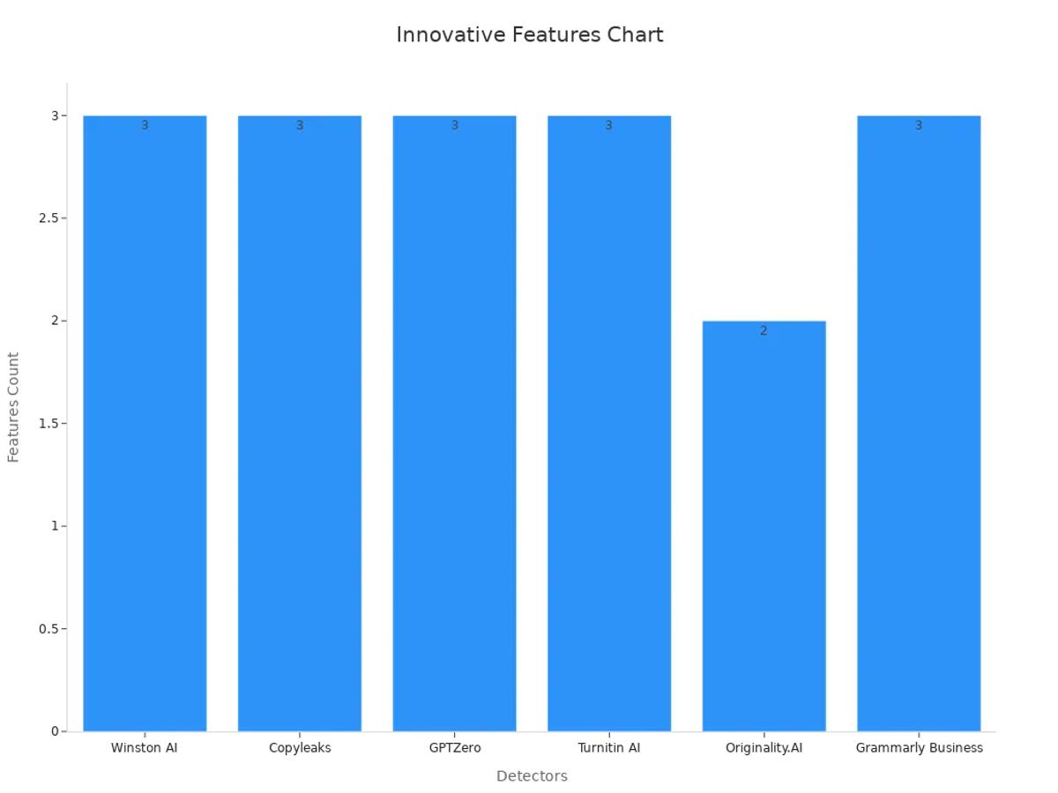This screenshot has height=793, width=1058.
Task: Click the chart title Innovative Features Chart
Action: coord(529,35)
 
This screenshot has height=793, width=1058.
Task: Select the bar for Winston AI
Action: coord(145,423)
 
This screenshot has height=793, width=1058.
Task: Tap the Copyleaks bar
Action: coord(300,423)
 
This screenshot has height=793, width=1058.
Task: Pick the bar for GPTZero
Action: coord(454,423)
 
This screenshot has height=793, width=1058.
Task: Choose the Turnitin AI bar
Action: coord(609,423)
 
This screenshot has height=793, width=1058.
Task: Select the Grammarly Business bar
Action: coord(919,423)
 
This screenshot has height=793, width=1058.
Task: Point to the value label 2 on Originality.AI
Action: coord(764,331)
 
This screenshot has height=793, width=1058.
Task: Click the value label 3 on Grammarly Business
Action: coord(919,126)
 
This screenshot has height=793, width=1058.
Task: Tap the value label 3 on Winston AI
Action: coord(145,126)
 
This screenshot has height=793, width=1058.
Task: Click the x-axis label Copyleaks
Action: coord(300,748)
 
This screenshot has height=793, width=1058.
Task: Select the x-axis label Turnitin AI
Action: coord(609,748)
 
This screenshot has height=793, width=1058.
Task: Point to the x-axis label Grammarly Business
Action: coord(919,748)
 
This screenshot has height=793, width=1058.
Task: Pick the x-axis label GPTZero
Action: coord(454,748)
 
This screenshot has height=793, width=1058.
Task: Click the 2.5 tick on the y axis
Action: coord(48,219)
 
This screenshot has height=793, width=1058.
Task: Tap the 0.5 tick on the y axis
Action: coord(48,629)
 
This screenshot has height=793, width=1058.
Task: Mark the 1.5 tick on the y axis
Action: coord(48,424)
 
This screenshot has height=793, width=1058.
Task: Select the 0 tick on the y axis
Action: coord(55,731)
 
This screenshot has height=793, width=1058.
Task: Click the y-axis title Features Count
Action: coord(13,407)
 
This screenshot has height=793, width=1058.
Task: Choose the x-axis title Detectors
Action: coord(532,776)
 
